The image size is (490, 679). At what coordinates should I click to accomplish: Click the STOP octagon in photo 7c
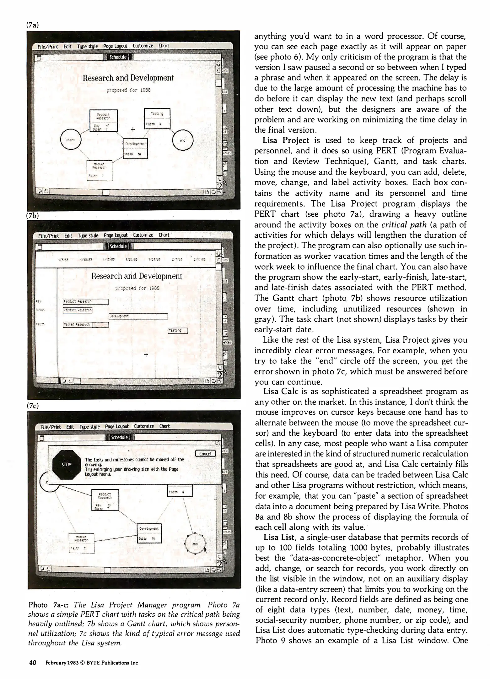pos(67,465)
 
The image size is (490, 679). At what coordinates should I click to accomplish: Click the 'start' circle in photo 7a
pos(71,140)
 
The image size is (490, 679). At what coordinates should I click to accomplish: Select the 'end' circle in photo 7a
pos(183,141)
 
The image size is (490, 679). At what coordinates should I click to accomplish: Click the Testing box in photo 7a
pos(157,118)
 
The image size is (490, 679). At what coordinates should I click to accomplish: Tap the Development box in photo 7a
pos(135,148)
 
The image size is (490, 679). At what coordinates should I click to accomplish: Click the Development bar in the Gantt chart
pos(138,316)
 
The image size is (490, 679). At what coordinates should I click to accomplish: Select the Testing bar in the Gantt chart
pos(178,330)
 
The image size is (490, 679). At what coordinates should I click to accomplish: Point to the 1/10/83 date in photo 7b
pos(86,260)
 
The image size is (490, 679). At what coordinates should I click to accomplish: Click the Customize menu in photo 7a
pos(143,46)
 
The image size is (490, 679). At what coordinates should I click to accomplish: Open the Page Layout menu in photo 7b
pos(116,235)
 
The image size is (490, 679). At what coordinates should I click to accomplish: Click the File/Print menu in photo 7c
pos(51,427)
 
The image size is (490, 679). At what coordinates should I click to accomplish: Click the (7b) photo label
pos(33,216)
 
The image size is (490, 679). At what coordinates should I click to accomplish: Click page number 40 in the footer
pos(33,663)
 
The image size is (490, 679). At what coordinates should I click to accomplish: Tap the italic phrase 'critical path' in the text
pos(404,225)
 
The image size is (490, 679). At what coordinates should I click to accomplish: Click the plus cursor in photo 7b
pos(146,354)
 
